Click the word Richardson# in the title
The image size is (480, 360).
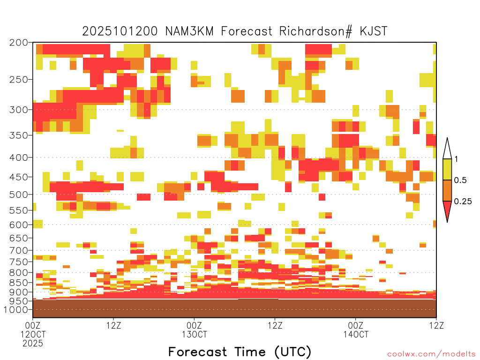click(315, 31)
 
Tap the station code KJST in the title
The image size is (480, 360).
click(374, 31)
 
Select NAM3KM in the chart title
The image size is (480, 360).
click(189, 31)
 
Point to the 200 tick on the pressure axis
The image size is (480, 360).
click(19, 43)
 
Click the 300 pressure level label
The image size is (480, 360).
click(19, 110)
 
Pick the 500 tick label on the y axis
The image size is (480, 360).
click(19, 195)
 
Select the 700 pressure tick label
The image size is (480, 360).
click(19, 250)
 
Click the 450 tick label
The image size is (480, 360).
click(19, 177)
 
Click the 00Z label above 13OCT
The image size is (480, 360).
click(194, 325)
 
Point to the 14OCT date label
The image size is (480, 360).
click(356, 334)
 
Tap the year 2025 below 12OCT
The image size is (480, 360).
click(33, 344)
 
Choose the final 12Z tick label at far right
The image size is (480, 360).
click(436, 325)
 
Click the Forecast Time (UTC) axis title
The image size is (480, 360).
click(240, 352)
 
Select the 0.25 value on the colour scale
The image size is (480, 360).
click(463, 202)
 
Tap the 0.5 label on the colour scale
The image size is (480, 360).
click(460, 180)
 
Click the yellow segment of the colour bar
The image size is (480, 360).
click(447, 169)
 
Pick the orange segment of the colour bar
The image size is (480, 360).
click(447, 190)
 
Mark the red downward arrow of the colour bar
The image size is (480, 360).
click(447, 210)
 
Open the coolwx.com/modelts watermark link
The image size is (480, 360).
click(431, 354)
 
